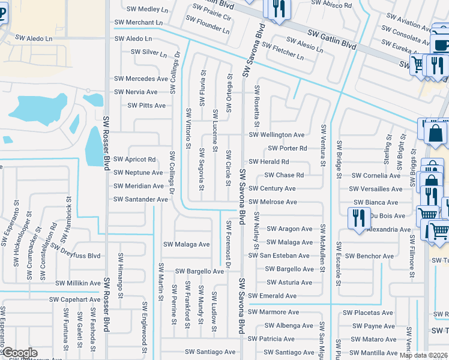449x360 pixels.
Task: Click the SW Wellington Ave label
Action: pyautogui.click(x=277, y=135)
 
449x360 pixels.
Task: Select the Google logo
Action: pyautogui.click(x=19, y=353)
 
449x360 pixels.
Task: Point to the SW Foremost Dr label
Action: pyautogui.click(x=228, y=241)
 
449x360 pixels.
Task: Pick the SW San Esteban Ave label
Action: pyautogui.click(x=279, y=256)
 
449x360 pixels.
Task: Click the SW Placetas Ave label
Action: pyautogui.click(x=367, y=313)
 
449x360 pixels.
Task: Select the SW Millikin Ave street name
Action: pyautogui.click(x=78, y=283)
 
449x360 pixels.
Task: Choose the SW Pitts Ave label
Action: pyautogui.click(x=146, y=106)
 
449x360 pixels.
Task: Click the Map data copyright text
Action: pyautogui.click(x=423, y=355)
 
